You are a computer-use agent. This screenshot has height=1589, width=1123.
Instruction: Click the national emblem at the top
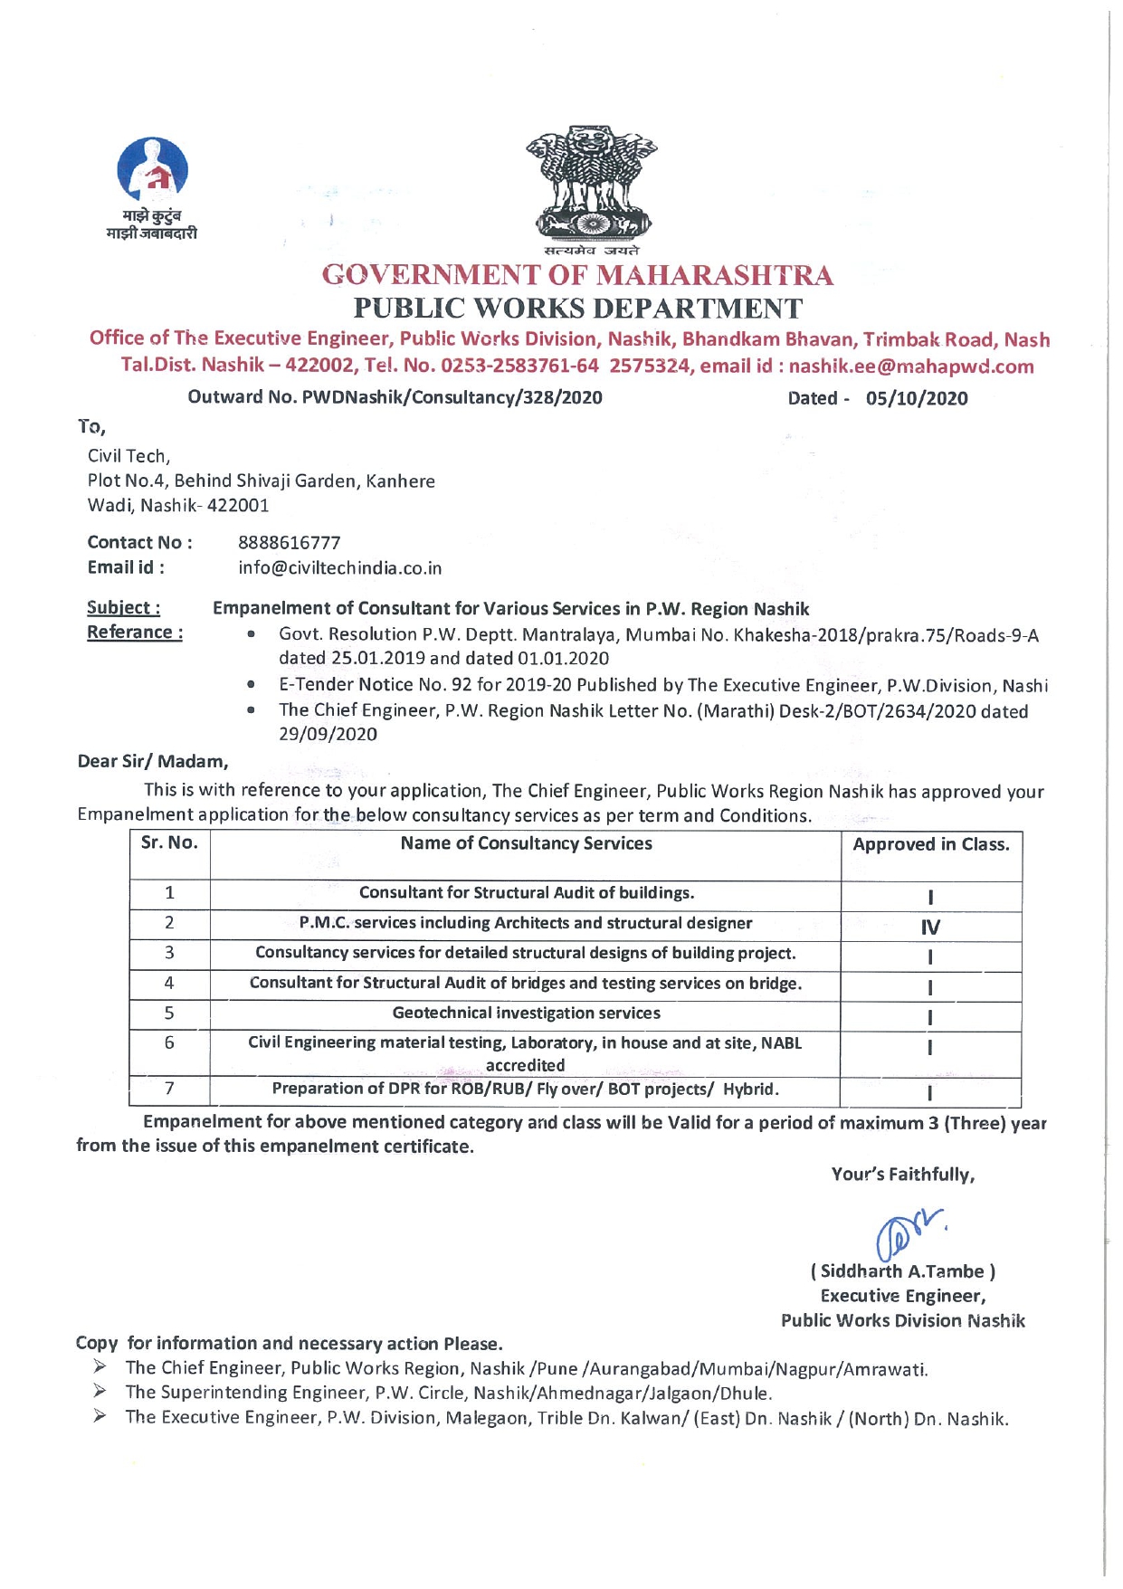[591, 186]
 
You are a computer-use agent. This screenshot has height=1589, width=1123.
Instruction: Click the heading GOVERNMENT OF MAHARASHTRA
[577, 275]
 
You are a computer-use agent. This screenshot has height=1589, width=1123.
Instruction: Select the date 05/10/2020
[916, 398]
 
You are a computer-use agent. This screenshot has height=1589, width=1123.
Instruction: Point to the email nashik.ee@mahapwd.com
[911, 366]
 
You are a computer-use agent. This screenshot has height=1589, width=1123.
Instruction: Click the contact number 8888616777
[290, 543]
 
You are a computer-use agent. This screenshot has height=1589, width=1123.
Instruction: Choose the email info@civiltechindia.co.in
[339, 568]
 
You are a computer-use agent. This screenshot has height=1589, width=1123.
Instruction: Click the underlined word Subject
[123, 607]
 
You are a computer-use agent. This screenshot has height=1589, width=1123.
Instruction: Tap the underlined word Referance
[135, 633]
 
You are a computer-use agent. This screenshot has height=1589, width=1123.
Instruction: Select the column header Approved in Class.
[930, 845]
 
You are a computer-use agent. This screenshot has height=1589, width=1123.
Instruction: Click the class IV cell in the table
[930, 927]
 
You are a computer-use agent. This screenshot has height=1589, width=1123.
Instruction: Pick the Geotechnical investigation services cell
[526, 1013]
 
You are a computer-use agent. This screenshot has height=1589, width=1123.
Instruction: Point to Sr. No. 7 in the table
[169, 1089]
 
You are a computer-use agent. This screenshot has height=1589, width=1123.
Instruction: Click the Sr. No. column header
[169, 843]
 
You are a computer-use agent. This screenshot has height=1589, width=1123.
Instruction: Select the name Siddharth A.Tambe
[902, 1271]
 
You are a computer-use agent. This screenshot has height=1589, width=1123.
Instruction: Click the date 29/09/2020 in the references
[328, 735]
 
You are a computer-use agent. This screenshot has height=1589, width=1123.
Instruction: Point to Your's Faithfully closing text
[902, 1175]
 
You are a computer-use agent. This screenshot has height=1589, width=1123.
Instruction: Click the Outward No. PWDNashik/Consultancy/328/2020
[395, 397]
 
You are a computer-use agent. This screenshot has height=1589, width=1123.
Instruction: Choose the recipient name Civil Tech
[128, 456]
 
